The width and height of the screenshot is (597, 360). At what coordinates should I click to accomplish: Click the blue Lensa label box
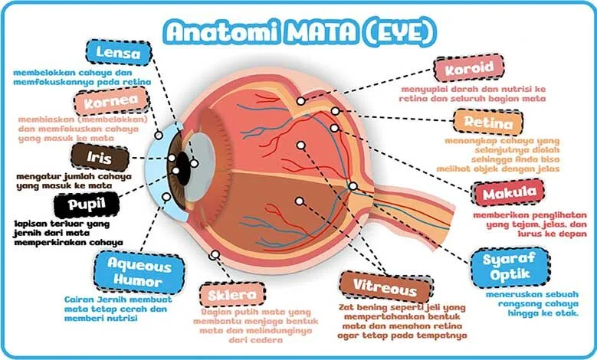(x=119, y=53)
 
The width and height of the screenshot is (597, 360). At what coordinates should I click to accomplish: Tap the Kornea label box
(x=111, y=101)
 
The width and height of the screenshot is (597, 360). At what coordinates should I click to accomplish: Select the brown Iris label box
(x=100, y=157)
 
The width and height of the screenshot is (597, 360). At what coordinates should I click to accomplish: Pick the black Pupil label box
(x=87, y=205)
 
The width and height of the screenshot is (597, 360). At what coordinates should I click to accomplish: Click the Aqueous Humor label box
(x=139, y=273)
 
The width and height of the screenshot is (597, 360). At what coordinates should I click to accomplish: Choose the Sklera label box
(x=232, y=295)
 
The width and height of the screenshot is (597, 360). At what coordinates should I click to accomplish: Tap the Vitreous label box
(x=385, y=287)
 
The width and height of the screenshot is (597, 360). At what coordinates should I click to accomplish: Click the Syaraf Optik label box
(x=510, y=267)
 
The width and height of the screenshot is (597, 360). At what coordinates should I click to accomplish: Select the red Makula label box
(x=510, y=193)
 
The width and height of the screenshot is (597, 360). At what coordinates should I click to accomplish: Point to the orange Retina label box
(x=488, y=123)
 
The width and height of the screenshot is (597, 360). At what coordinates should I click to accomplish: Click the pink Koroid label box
(x=469, y=68)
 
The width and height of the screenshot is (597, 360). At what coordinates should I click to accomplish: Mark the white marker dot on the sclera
(x=215, y=254)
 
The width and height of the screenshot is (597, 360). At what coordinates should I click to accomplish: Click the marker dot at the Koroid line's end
(x=300, y=101)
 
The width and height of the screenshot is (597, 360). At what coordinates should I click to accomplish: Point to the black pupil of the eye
(x=183, y=169)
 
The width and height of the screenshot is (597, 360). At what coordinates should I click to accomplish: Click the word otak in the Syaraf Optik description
(x=568, y=313)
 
